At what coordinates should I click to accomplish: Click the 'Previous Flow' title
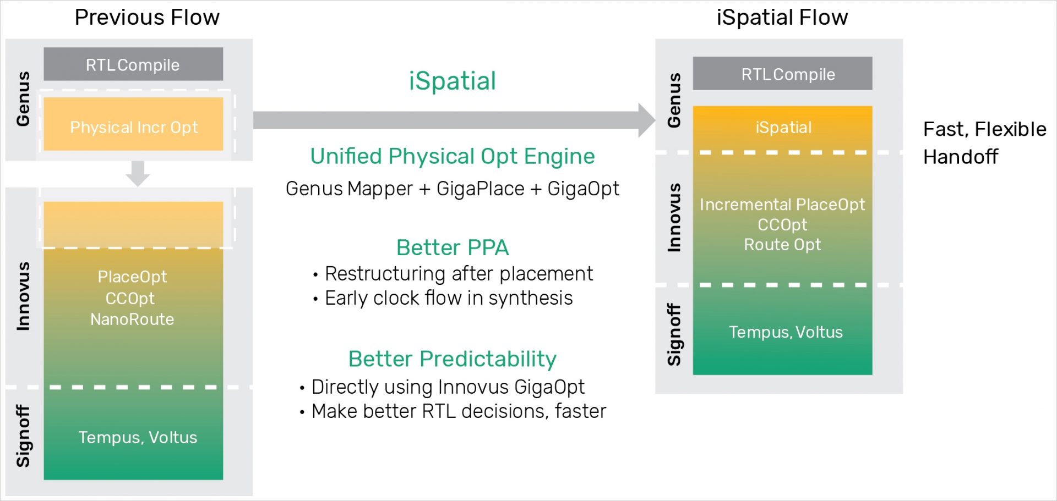pyautogui.click(x=147, y=18)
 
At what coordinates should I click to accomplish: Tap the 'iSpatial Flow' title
pyautogui.click(x=782, y=18)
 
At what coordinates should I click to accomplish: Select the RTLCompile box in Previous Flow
pyautogui.click(x=133, y=65)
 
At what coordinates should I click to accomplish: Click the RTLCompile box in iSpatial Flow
pyautogui.click(x=782, y=74)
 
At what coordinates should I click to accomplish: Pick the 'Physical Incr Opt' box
pyautogui.click(x=133, y=127)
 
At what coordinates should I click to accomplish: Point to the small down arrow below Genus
pyautogui.click(x=138, y=174)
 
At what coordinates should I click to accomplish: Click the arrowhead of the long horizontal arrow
pyautogui.click(x=646, y=120)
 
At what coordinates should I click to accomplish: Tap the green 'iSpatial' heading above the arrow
pyautogui.click(x=452, y=81)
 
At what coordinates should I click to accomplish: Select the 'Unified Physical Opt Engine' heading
pyautogui.click(x=452, y=156)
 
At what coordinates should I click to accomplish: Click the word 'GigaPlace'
pyautogui.click(x=480, y=189)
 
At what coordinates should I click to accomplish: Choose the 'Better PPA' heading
pyautogui.click(x=452, y=247)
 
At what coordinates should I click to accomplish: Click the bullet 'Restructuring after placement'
pyautogui.click(x=459, y=273)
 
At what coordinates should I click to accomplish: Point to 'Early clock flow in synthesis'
pyautogui.click(x=449, y=298)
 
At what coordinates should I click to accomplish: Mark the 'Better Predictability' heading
pyautogui.click(x=452, y=359)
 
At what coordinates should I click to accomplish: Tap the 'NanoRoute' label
pyautogui.click(x=132, y=319)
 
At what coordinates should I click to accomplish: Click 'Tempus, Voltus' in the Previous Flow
pyautogui.click(x=138, y=437)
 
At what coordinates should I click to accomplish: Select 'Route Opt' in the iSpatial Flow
pyautogui.click(x=782, y=245)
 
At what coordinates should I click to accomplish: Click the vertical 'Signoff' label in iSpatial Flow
pyautogui.click(x=674, y=334)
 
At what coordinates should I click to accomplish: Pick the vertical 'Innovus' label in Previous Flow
pyautogui.click(x=23, y=296)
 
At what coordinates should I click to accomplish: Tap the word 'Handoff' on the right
pyautogui.click(x=960, y=157)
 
